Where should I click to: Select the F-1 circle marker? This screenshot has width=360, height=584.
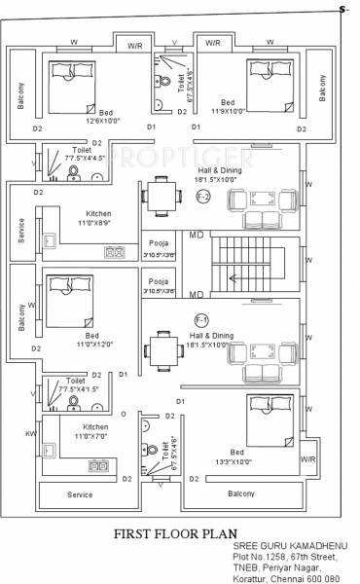pyautogui.click(x=201, y=319)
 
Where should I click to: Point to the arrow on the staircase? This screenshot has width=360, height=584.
pyautogui.click(x=234, y=277)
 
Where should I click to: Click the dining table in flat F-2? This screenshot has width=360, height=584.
pyautogui.click(x=161, y=197)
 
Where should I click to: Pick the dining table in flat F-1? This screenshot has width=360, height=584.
pyautogui.click(x=161, y=347)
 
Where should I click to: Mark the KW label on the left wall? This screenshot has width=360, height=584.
pyautogui.click(x=31, y=432)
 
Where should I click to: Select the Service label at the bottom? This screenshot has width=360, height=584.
pyautogui.click(x=80, y=494)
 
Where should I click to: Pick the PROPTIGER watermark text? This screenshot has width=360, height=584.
pyautogui.click(x=180, y=156)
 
